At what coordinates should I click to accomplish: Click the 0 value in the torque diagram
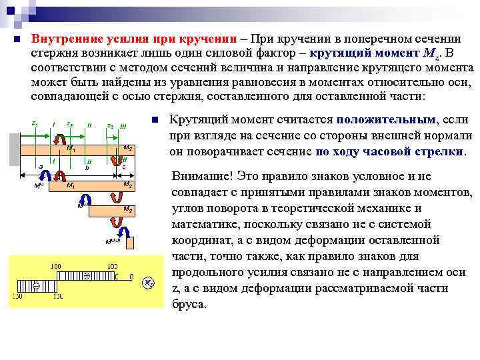(x=131, y=275)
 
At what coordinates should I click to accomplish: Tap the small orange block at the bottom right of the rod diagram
(x=130, y=242)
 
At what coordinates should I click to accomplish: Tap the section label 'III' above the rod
(x=123, y=127)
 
